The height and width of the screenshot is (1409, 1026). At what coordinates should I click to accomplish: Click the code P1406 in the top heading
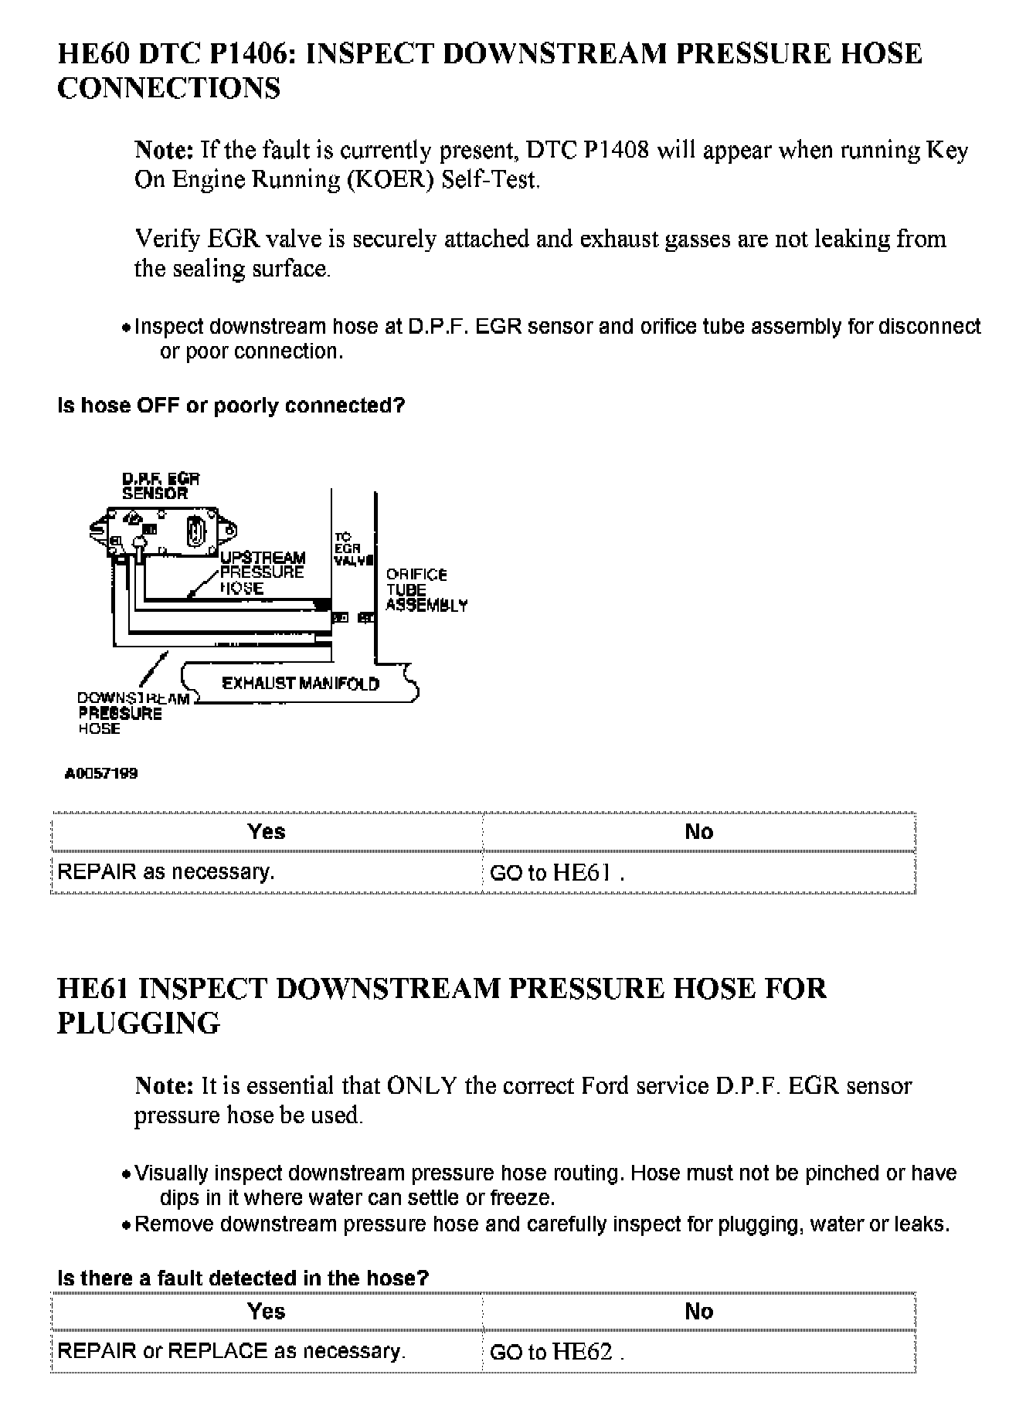(x=250, y=54)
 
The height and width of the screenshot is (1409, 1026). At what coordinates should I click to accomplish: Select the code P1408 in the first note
(x=616, y=150)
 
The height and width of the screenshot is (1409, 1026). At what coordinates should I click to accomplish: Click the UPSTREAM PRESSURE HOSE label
(x=262, y=572)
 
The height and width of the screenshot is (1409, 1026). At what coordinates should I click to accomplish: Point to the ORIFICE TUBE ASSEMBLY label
(x=426, y=590)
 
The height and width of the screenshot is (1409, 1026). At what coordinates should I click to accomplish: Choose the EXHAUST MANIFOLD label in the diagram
(x=301, y=684)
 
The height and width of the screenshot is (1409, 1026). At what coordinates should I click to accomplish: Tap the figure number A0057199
(x=101, y=773)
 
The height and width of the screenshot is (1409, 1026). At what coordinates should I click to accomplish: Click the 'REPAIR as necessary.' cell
(x=166, y=872)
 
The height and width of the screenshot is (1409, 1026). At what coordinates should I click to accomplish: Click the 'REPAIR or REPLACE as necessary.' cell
(x=232, y=1351)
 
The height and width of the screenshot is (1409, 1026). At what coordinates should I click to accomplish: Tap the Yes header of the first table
(x=267, y=832)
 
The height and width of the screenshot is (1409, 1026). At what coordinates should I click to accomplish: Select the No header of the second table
(x=698, y=1311)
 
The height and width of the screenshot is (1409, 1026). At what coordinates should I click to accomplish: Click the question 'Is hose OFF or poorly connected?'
(x=231, y=406)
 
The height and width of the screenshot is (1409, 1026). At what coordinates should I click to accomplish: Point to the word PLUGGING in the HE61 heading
(x=139, y=1024)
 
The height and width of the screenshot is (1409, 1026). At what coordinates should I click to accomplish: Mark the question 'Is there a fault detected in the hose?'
(x=243, y=1278)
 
